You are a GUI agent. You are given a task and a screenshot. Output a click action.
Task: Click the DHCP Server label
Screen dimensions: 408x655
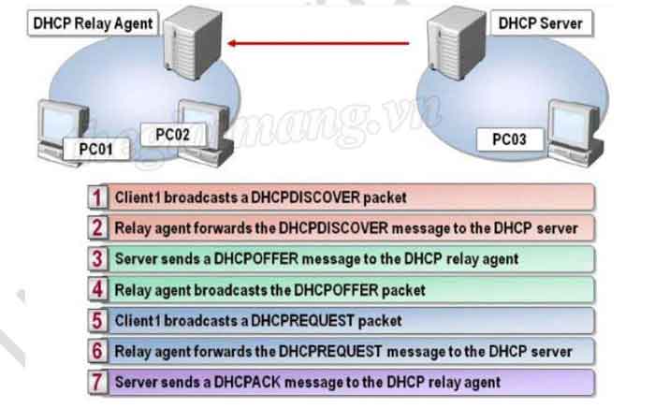pos(540,22)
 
